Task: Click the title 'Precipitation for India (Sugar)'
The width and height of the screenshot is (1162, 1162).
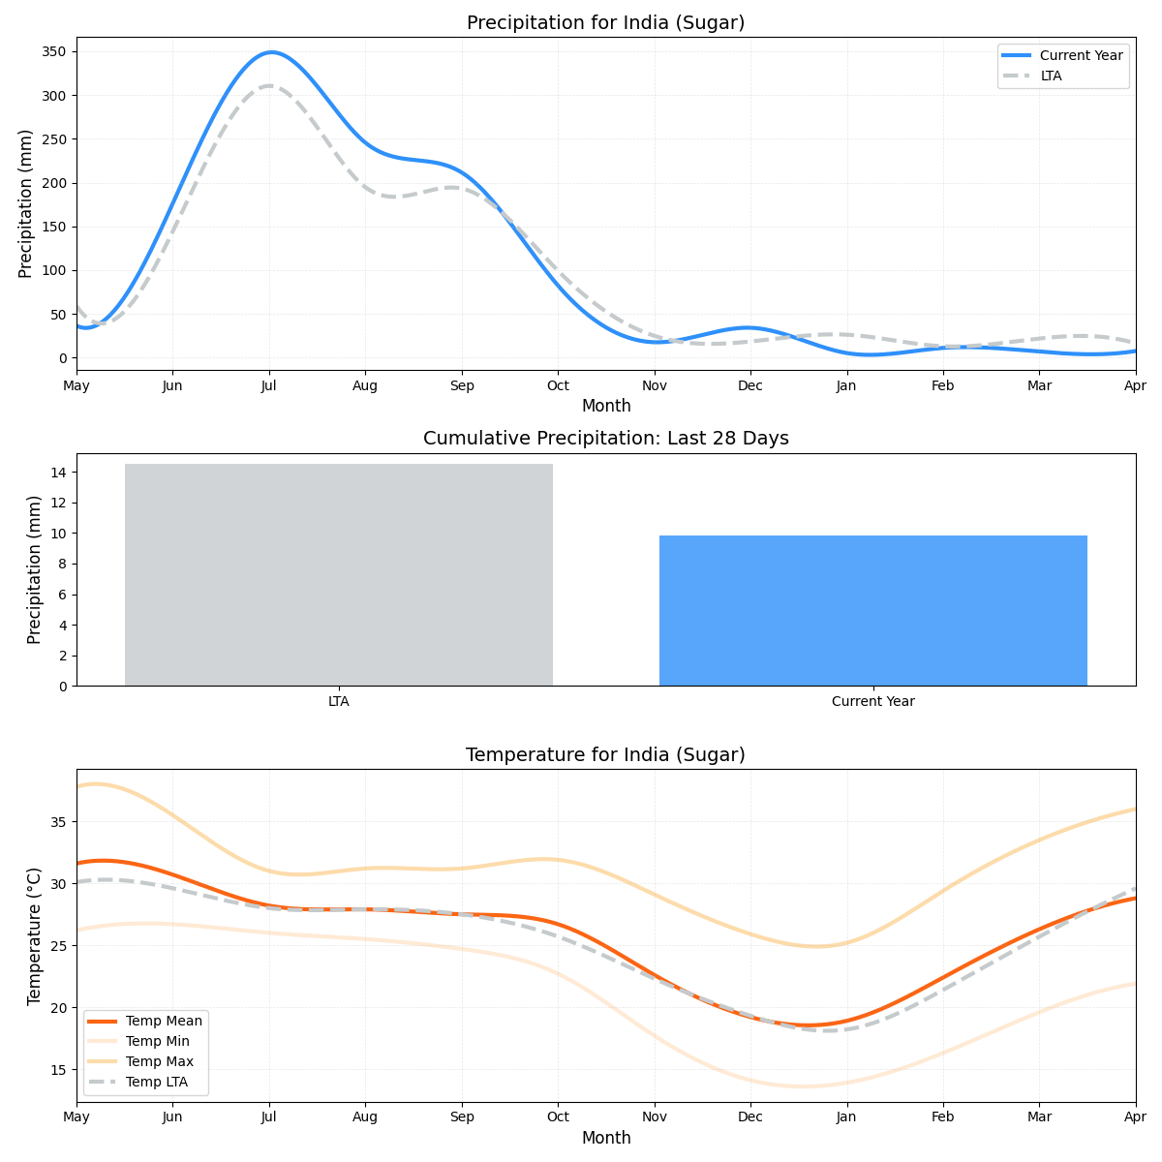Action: point(605,23)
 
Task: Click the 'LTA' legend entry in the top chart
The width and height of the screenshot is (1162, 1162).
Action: point(1051,76)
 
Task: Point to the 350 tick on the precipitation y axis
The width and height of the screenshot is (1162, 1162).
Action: point(54,51)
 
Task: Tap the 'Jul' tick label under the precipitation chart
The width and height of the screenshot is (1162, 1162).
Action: point(269,385)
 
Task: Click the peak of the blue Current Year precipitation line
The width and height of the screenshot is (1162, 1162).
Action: point(271,52)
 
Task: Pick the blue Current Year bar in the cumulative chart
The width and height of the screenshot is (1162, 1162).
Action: point(872,610)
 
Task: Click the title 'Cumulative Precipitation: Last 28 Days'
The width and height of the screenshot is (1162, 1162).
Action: point(605,439)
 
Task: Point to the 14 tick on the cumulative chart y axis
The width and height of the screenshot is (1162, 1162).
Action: point(59,473)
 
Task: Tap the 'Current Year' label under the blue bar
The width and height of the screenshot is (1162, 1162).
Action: point(872,701)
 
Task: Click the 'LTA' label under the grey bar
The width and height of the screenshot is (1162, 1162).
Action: point(338,701)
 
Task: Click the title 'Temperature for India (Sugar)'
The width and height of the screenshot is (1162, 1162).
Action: point(605,755)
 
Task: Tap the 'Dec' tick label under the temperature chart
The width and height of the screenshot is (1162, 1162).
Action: point(749,1116)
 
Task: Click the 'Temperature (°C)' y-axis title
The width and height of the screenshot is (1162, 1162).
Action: point(35,935)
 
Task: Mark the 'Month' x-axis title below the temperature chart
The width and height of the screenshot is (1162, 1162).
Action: point(605,1138)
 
